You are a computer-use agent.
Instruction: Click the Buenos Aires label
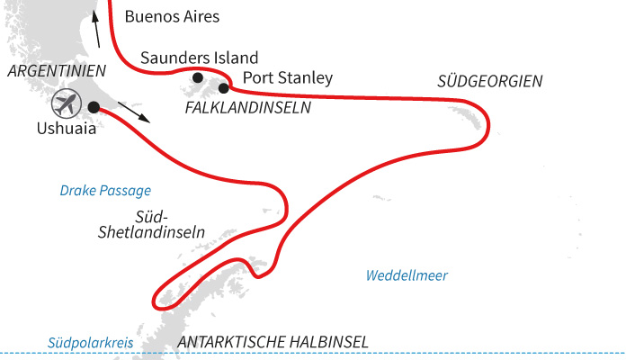[172, 16]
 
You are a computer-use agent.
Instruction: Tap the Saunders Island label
[200, 58]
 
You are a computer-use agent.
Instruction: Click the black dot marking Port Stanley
[224, 87]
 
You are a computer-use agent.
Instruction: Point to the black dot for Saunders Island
[198, 77]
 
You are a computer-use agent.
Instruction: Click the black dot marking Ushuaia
[94, 107]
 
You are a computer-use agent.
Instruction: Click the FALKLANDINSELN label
[246, 107]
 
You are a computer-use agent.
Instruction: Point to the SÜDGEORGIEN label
[490, 81]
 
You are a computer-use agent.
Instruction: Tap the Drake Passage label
[105, 191]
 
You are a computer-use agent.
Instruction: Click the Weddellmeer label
[407, 275]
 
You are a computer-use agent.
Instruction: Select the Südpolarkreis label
[84, 343]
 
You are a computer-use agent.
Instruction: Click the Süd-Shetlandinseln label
[151, 224]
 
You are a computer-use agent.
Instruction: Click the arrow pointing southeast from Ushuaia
[135, 112]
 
